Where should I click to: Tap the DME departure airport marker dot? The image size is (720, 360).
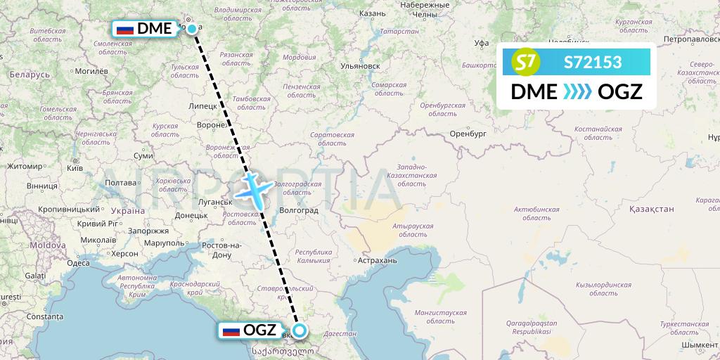(x=191, y=30)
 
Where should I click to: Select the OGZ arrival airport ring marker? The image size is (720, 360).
(x=300, y=330)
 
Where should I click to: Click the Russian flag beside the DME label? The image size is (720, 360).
(x=125, y=30)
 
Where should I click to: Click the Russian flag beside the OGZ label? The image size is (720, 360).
(x=231, y=330)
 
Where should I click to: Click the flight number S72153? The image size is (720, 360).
(x=592, y=63)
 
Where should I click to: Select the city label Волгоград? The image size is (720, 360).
(x=299, y=210)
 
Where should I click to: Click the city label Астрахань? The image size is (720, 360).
(x=378, y=260)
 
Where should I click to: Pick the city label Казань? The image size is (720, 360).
(x=371, y=13)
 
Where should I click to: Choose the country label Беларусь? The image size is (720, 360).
(x=30, y=74)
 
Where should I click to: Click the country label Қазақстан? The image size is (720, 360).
(x=652, y=209)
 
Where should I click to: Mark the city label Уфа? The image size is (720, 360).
(x=481, y=43)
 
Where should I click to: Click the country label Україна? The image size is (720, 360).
(x=127, y=210)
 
